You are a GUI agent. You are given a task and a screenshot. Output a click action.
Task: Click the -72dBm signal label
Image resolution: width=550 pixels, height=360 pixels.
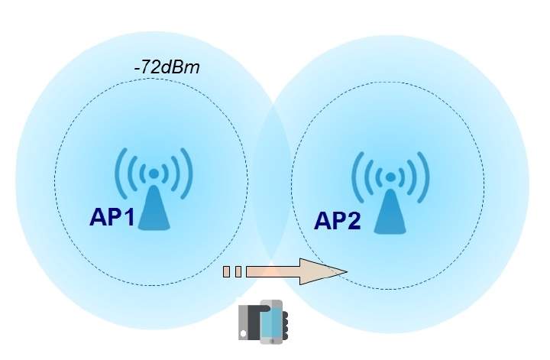167,67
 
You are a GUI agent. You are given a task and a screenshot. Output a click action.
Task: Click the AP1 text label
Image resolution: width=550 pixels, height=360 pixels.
112,217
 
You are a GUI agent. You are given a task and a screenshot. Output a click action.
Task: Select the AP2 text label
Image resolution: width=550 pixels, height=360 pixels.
337,221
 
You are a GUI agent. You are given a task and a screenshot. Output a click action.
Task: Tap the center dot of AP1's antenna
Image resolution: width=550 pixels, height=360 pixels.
154,174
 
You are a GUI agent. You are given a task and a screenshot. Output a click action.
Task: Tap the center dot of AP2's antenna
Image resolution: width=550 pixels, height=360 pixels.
390,177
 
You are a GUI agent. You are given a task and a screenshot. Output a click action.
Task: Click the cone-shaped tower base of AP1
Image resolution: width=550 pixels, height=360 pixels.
154,208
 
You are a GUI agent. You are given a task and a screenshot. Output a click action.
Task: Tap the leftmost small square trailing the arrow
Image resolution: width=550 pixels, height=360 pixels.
226,271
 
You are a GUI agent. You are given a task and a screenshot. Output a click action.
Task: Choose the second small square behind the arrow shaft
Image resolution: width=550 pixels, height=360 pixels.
238,271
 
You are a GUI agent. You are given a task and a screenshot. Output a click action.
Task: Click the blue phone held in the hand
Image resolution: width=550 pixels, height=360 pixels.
271,322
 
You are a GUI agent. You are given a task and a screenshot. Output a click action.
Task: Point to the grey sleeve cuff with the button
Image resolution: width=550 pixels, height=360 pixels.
244,322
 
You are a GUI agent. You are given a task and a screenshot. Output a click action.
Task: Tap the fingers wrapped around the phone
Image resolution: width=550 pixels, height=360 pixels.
284,326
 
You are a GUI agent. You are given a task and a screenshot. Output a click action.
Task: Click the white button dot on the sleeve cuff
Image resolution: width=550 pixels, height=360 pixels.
243,333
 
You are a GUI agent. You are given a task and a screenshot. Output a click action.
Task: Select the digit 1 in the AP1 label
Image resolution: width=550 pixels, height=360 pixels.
129,217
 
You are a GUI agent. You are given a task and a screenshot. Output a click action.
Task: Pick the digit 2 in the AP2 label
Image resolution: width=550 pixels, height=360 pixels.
353,221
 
